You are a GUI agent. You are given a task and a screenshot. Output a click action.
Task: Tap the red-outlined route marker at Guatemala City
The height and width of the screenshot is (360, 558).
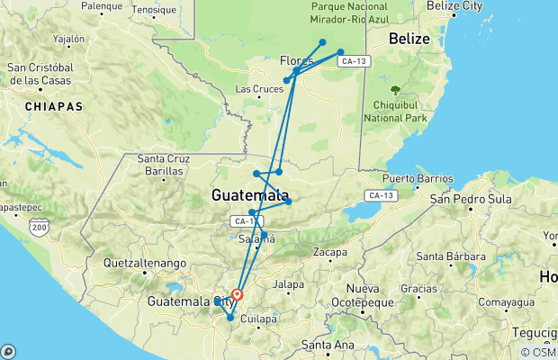[238, 294]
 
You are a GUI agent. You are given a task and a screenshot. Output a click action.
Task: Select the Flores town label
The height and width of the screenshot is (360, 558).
[296, 60]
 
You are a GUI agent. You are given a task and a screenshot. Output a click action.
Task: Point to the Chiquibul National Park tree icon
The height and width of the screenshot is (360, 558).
[395, 90]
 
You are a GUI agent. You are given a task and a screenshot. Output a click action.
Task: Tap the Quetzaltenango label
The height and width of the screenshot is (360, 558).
[145, 263]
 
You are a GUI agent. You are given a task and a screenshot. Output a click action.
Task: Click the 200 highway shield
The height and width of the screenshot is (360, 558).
[38, 229]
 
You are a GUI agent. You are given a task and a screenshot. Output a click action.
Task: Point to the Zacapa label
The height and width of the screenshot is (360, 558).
[330, 253]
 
